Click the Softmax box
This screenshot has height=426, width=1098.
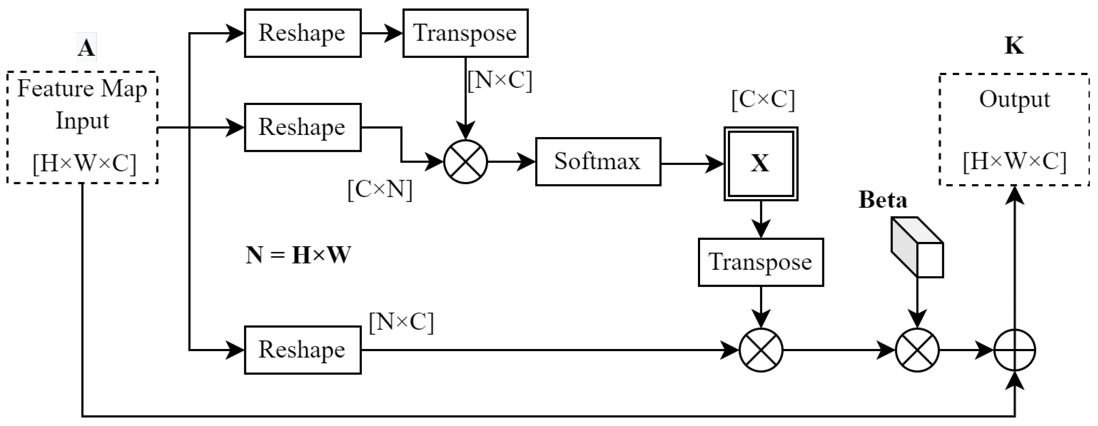598,161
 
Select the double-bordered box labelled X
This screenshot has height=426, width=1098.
761,164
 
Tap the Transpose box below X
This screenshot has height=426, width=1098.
761,262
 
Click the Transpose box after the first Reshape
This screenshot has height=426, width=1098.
465,33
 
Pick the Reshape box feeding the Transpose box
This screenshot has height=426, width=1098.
302,33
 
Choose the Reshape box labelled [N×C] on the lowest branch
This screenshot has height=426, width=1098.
302,350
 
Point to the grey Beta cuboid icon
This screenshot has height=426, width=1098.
917,247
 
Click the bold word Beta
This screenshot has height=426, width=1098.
882,200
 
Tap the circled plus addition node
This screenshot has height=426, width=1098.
1015,350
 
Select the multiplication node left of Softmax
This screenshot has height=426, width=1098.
465,162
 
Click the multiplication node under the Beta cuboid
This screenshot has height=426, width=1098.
917,350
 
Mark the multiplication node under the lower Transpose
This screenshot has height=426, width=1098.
761,350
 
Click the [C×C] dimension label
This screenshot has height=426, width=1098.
763,100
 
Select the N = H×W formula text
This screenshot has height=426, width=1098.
298,255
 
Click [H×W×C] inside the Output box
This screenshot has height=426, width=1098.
1015,161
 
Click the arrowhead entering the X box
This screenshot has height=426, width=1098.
716,164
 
